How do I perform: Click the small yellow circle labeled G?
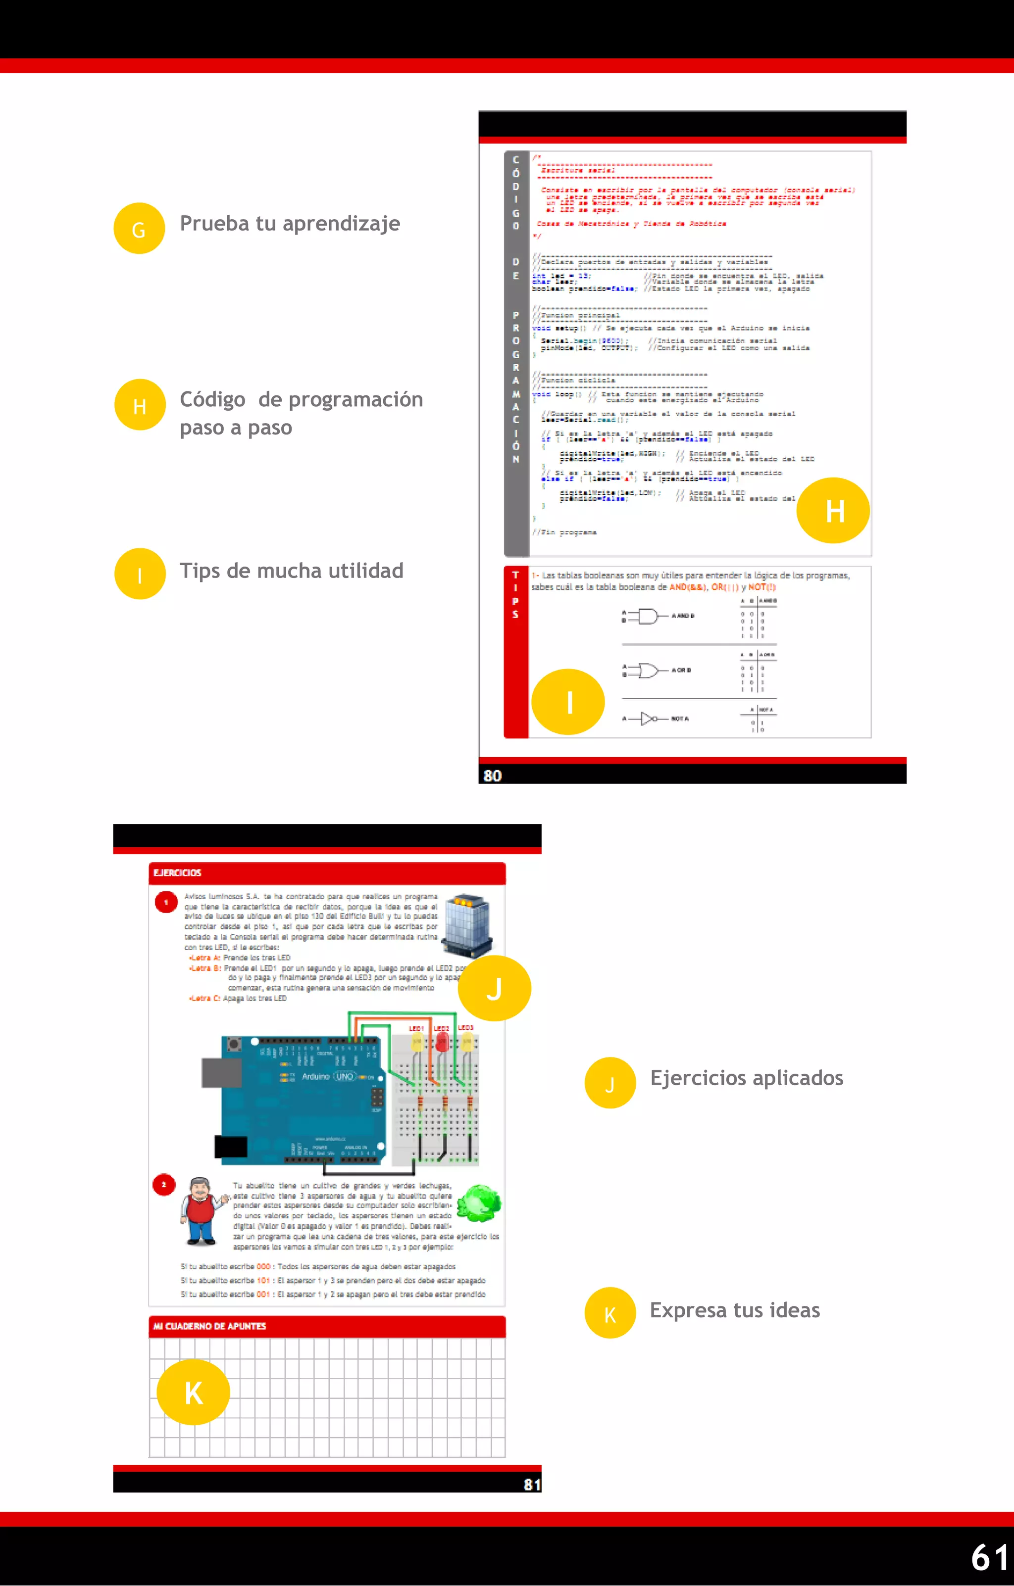139,229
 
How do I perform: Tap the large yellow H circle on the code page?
833,511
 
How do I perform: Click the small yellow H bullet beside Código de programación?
139,405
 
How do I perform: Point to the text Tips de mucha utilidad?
291,571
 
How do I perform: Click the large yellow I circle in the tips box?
568,702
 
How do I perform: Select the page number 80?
493,775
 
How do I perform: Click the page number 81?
532,1484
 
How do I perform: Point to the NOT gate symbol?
649,719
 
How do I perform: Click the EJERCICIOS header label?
177,873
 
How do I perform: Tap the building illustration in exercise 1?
467,924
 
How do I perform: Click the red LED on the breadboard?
442,1043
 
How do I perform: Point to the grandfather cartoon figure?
201,1210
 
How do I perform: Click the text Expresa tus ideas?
735,1310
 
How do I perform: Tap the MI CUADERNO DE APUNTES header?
209,1326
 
